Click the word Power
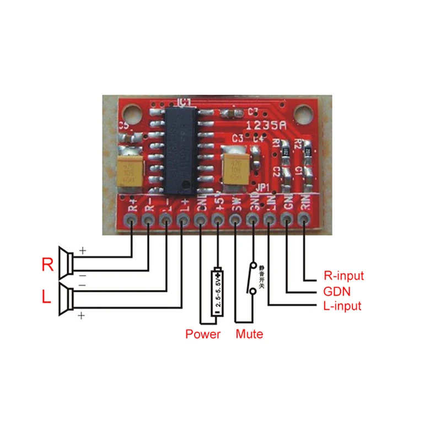click(203, 334)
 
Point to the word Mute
click(249, 334)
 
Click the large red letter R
click(47, 265)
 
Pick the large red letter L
click(47, 298)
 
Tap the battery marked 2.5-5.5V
click(218, 292)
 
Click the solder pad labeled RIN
click(304, 220)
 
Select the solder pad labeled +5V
click(218, 220)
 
